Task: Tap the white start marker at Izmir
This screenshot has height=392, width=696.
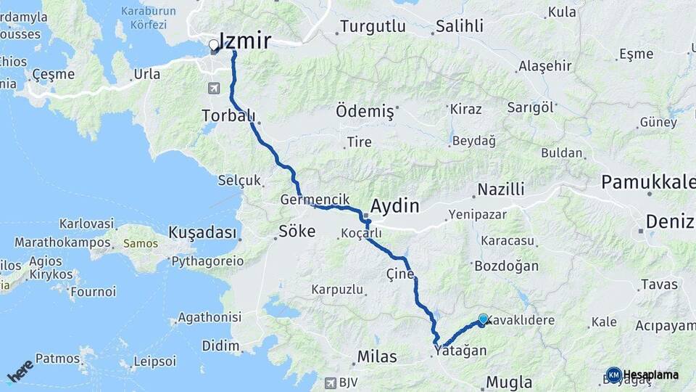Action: (x=214, y=46)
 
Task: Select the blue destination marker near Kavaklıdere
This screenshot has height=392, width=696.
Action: (x=483, y=319)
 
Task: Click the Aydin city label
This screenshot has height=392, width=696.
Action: (x=394, y=206)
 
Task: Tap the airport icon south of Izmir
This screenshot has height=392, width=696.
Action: (x=214, y=89)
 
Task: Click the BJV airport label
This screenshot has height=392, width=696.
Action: (x=349, y=382)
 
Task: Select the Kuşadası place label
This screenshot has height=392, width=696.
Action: (x=202, y=232)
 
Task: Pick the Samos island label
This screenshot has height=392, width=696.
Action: (x=140, y=243)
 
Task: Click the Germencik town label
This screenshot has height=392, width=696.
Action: (x=315, y=199)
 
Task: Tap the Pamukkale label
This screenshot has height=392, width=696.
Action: (x=647, y=183)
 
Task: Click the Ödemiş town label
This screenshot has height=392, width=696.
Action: (x=365, y=113)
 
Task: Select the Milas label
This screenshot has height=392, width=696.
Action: (x=377, y=356)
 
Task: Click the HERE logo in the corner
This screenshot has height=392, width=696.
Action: (x=20, y=370)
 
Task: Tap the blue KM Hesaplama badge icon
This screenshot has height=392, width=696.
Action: (x=613, y=375)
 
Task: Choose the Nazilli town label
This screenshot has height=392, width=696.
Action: (x=500, y=190)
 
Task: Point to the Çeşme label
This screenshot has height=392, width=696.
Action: (x=54, y=74)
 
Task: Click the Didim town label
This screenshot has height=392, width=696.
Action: (x=220, y=346)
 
